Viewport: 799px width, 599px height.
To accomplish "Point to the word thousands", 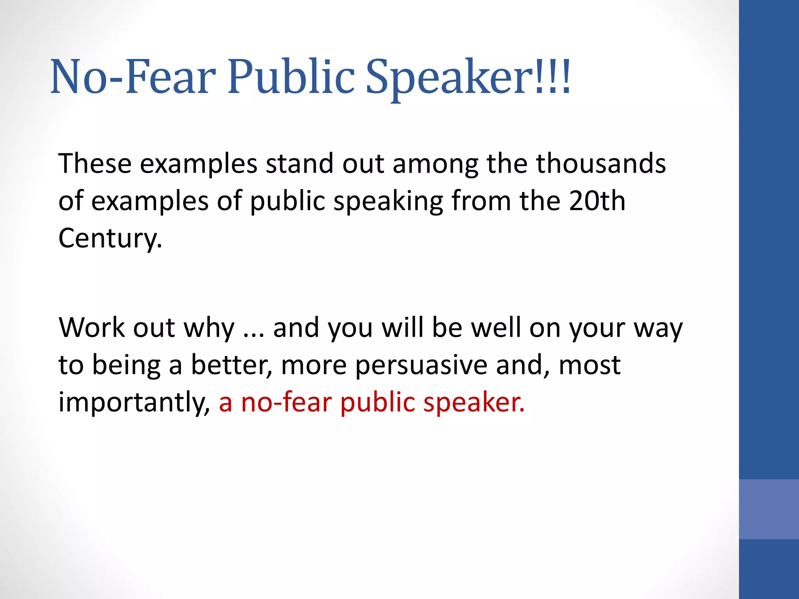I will click(601, 163).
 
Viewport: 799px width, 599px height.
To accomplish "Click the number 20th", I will click(597, 201).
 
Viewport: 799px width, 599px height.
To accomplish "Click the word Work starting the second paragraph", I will click(92, 327).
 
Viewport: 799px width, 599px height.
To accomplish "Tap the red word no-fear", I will click(286, 402).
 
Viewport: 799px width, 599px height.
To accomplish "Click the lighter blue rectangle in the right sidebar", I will click(769, 509).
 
